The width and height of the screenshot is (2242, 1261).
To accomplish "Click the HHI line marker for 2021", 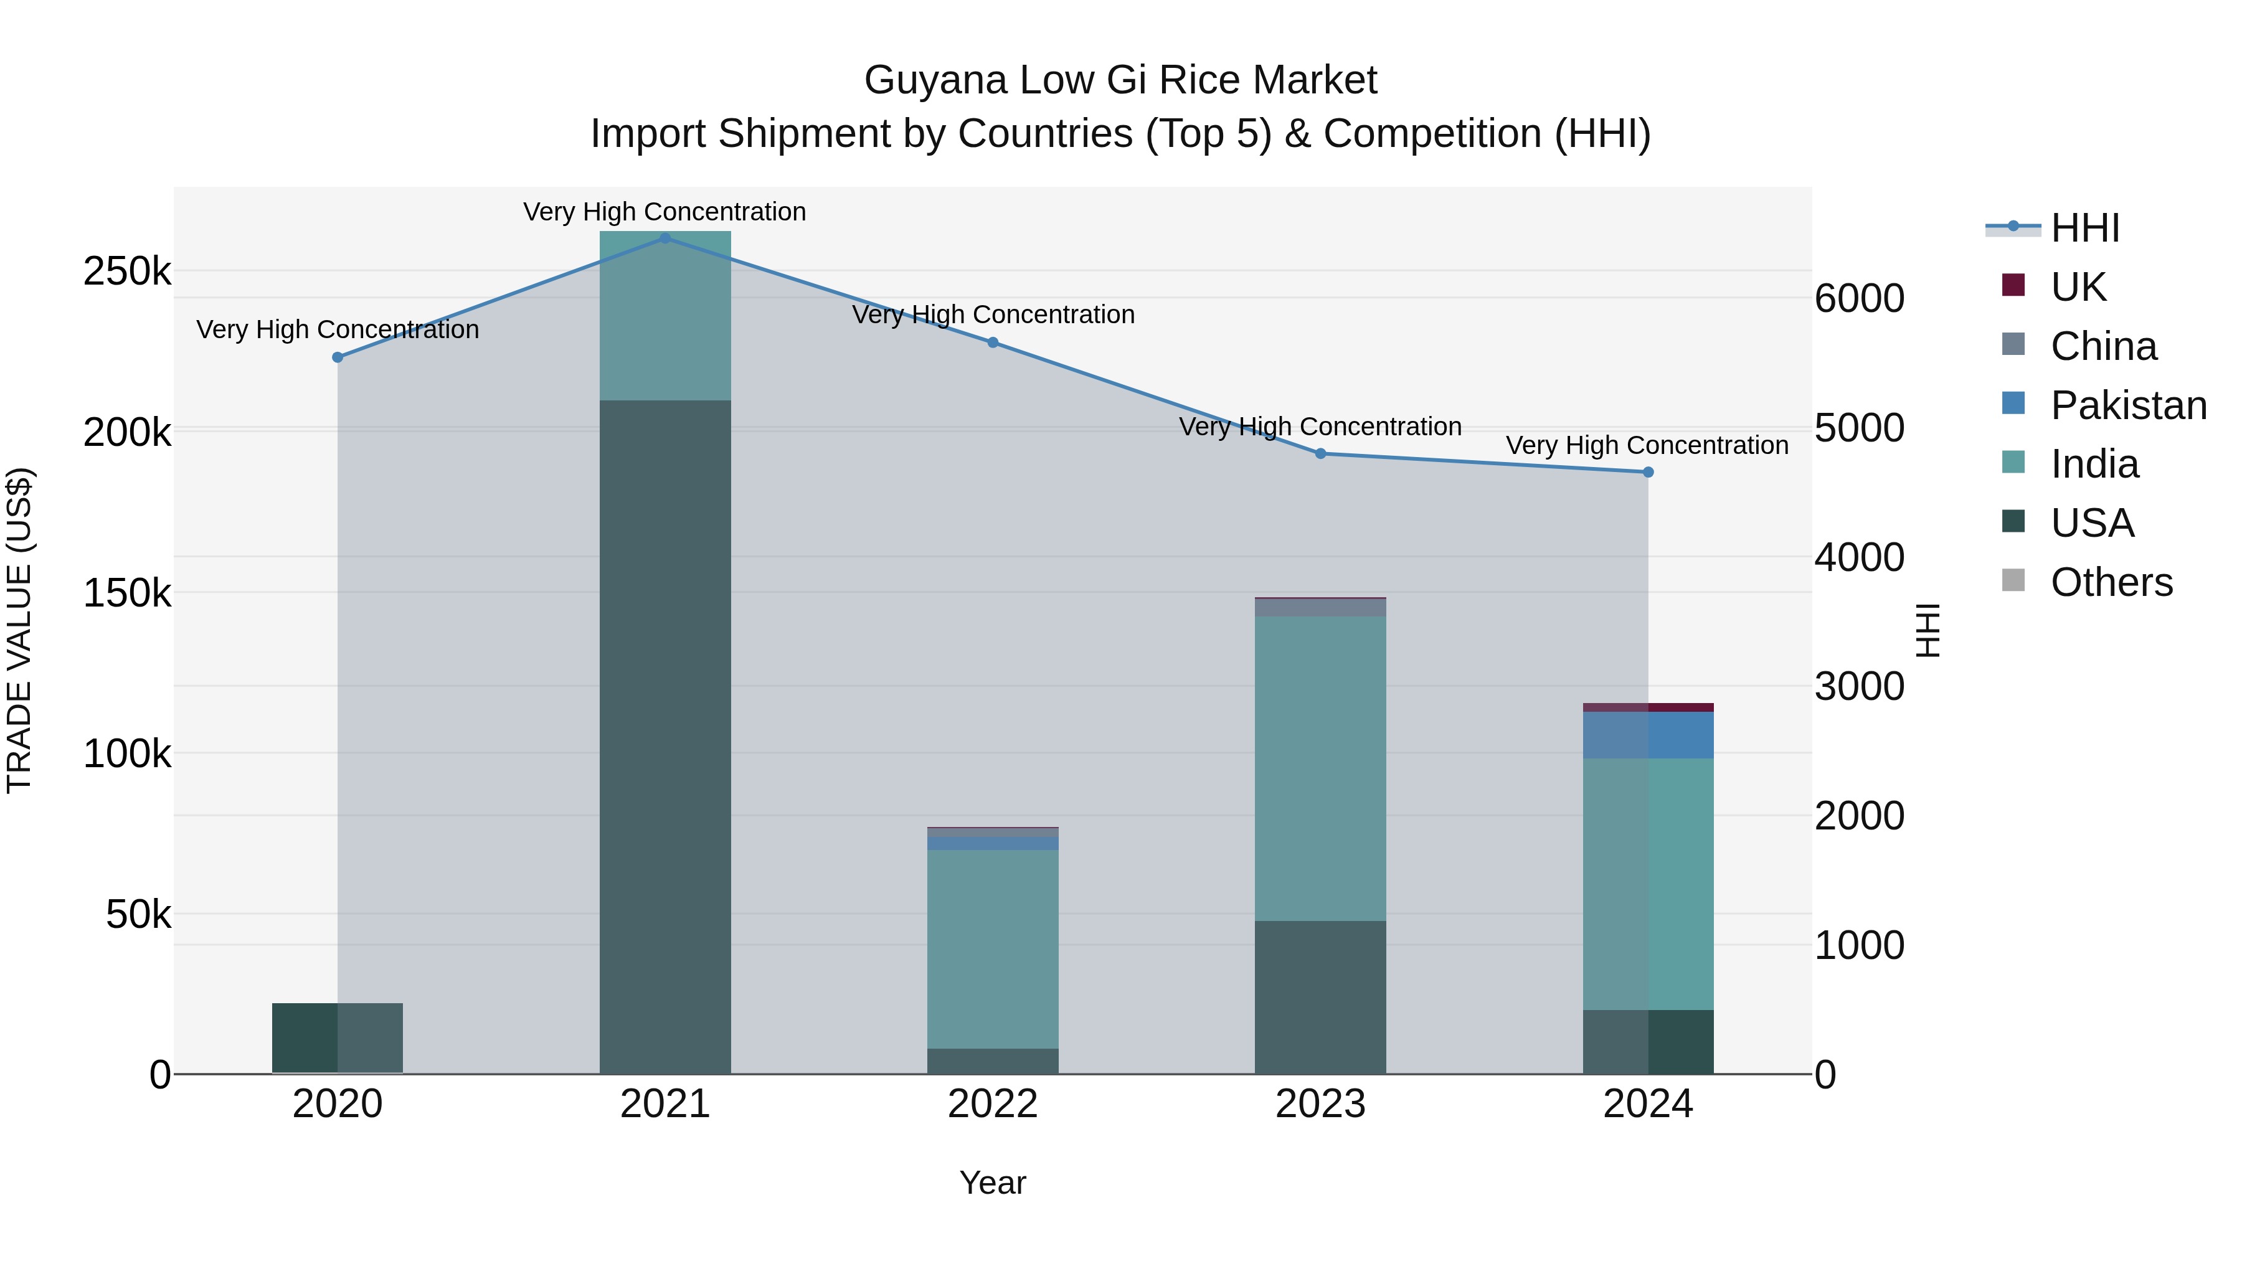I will click(x=665, y=239).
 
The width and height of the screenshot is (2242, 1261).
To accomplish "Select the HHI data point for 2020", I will click(x=338, y=357).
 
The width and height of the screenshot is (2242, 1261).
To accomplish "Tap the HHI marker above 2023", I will click(x=1320, y=453).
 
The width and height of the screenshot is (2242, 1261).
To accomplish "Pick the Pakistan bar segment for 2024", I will click(x=1647, y=735).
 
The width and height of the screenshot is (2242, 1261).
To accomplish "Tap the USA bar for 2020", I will click(x=338, y=1038).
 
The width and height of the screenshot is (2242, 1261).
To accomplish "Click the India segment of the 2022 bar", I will click(x=993, y=948).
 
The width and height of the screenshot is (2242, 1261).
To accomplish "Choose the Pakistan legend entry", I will click(x=2128, y=405).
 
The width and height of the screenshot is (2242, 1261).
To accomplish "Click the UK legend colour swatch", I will click(x=2013, y=285).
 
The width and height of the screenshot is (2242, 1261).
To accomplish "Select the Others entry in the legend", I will click(x=2111, y=582).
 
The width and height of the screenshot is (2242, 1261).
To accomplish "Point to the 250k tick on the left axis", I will click(x=127, y=272).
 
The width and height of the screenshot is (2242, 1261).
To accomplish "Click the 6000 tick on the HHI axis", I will click(x=1859, y=298).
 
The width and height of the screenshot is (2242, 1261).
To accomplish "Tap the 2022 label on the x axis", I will click(x=993, y=1104).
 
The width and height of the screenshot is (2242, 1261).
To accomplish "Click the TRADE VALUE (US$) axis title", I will click(x=19, y=630).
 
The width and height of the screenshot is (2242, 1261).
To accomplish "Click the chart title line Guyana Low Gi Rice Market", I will click(x=1120, y=80).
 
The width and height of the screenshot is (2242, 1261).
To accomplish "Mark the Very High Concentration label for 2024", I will click(x=1647, y=446).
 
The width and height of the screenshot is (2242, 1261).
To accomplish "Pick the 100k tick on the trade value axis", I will click(x=127, y=753).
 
